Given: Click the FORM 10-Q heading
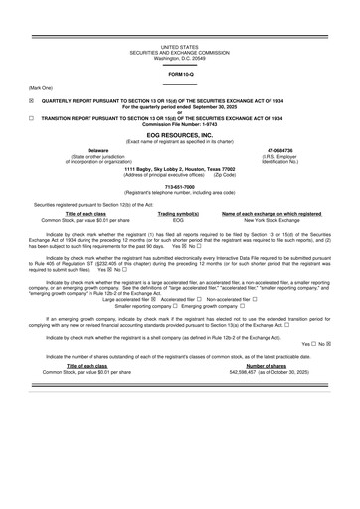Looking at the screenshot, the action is tap(179, 74).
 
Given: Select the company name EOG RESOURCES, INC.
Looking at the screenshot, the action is tap(179, 134).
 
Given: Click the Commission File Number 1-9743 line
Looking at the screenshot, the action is tap(179, 123).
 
